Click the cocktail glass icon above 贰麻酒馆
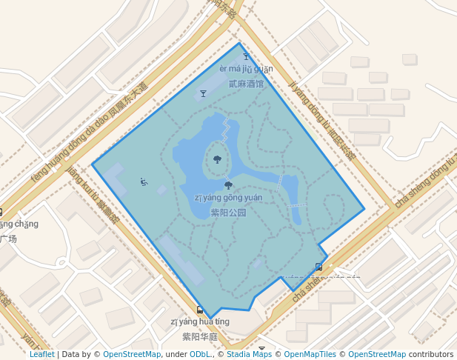[247, 56]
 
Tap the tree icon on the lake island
[217, 159]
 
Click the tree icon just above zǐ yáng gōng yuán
[228, 185]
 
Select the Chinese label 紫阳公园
[228, 212]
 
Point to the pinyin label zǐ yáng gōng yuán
[228, 198]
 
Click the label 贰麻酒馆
[246, 84]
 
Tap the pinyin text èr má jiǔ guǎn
[246, 69]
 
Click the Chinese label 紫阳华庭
[200, 336]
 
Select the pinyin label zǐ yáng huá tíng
[200, 321]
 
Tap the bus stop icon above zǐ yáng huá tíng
[200, 310]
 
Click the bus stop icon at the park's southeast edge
[318, 267]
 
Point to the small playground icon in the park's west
[144, 181]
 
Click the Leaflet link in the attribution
[42, 354]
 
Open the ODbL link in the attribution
[200, 354]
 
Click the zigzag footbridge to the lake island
[225, 132]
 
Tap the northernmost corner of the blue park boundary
[239, 43]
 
